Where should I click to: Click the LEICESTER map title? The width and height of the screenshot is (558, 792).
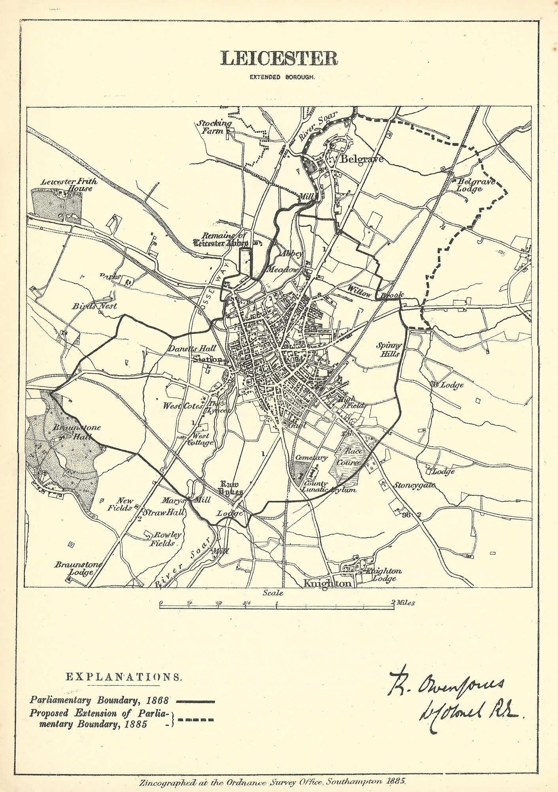click(x=279, y=58)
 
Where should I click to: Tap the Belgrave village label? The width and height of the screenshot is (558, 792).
click(x=362, y=159)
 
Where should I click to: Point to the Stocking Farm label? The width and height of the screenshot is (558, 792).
click(x=214, y=127)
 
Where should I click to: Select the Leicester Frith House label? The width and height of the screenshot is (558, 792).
click(x=69, y=185)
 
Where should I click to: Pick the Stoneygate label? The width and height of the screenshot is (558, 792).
click(x=415, y=485)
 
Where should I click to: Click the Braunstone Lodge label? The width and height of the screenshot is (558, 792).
click(x=78, y=568)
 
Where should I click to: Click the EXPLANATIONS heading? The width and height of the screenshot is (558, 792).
click(x=124, y=677)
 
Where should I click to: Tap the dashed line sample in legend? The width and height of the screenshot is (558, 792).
click(x=196, y=720)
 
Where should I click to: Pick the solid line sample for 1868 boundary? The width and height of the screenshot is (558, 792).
click(x=195, y=702)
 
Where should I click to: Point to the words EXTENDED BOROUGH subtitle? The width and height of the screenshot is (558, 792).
click(x=282, y=77)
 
